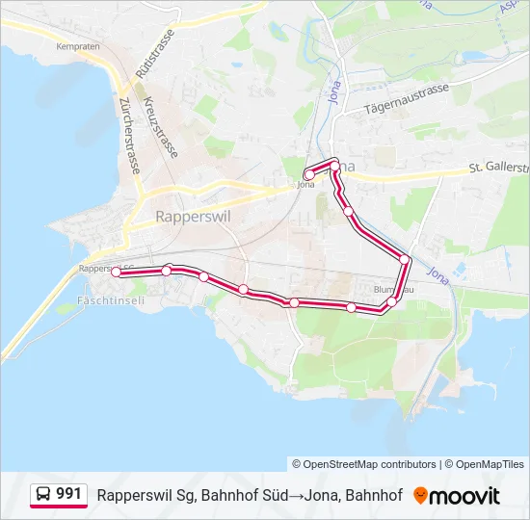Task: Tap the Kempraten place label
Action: [x=80, y=45]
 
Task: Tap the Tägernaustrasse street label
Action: [x=408, y=99]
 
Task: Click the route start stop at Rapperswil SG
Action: [x=117, y=273]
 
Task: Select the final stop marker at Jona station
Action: [x=307, y=175]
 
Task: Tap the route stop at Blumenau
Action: [x=391, y=302]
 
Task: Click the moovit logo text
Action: [x=465, y=496]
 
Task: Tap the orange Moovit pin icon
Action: [x=420, y=496]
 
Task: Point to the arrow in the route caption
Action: [x=296, y=496]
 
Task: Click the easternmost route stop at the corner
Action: [x=406, y=261]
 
